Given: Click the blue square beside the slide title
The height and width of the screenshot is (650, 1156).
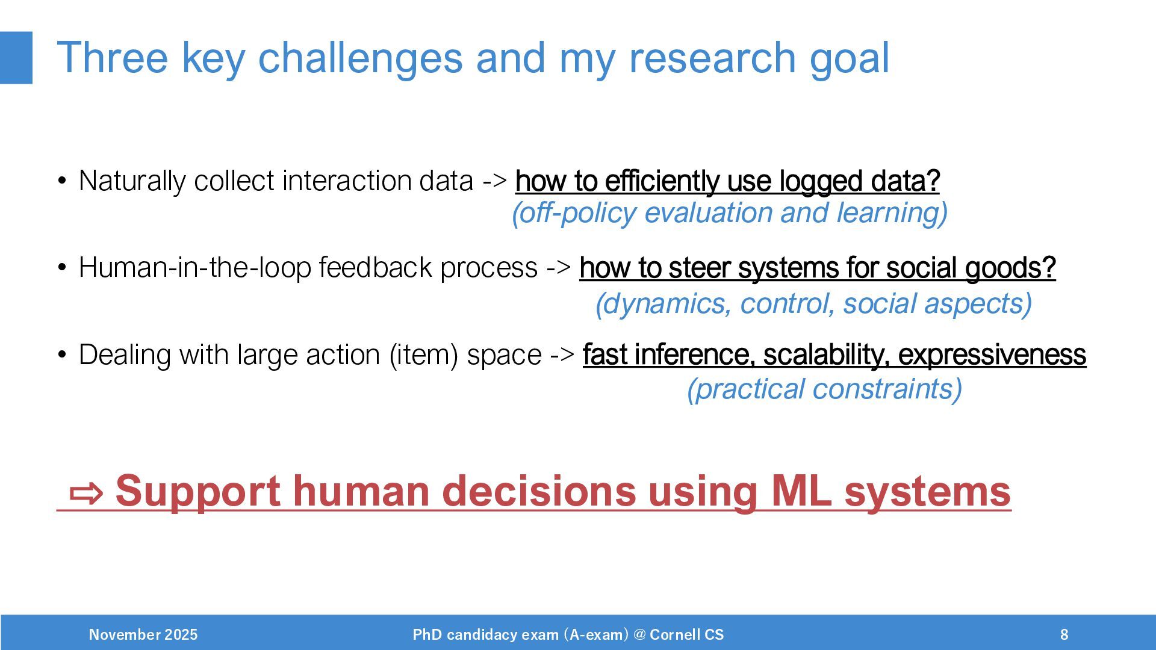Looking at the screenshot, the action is point(16,58).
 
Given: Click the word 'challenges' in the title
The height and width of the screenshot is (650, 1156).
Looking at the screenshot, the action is point(360,58).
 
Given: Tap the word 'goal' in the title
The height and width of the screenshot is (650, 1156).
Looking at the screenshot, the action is point(849,58).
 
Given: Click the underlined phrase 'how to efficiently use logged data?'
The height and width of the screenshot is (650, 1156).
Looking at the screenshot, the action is point(727,181).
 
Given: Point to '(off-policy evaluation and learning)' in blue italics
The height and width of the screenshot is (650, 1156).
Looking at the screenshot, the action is point(730,213).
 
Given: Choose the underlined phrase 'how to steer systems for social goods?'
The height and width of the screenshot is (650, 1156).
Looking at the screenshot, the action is point(818,268).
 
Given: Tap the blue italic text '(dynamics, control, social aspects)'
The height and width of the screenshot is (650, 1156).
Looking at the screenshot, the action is point(814,303).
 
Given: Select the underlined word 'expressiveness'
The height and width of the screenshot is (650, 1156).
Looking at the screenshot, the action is point(992,354).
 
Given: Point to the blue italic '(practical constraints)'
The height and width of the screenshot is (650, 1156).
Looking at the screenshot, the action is point(825,389).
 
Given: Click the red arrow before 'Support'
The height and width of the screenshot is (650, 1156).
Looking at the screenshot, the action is point(87,494).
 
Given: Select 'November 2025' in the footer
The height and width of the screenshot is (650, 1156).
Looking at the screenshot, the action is point(143,634).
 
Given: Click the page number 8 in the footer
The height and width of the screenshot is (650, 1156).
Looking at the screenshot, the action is point(1064,634).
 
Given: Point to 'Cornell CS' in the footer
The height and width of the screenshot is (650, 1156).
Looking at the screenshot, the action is point(687,634).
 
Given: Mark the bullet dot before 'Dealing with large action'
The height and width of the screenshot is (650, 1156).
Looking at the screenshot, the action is point(62,354).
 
